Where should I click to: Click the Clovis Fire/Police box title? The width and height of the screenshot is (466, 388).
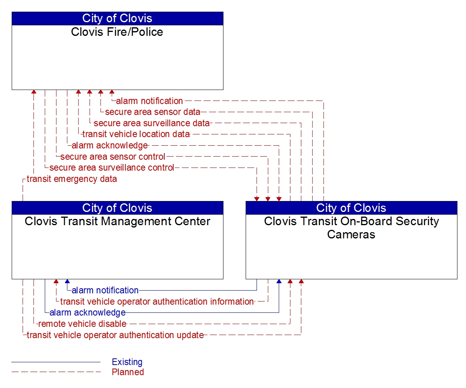[x=117, y=32]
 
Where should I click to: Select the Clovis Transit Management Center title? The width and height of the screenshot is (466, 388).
[x=117, y=221]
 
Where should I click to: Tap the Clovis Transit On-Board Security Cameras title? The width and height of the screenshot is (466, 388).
[x=351, y=228]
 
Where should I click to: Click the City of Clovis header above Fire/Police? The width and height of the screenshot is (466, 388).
[x=117, y=18]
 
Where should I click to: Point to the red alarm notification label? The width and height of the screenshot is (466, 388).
[x=149, y=101]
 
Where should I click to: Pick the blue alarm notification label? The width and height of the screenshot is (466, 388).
[x=105, y=290]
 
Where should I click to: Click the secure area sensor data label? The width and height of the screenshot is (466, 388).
[x=153, y=112]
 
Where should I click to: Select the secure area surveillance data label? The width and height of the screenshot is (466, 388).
[x=151, y=123]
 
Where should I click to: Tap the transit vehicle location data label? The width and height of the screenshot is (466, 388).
[x=136, y=134]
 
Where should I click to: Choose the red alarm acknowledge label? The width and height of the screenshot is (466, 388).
[x=110, y=146]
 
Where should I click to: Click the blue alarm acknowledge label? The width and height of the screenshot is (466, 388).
[x=88, y=312]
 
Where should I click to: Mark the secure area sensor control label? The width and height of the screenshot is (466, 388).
[x=113, y=157]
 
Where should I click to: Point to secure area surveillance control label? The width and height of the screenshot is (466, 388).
[x=112, y=168]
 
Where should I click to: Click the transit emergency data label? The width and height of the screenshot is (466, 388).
[x=72, y=179]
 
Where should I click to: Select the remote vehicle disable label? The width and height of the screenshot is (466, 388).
[x=82, y=324]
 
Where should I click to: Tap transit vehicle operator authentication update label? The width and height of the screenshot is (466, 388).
[x=115, y=335]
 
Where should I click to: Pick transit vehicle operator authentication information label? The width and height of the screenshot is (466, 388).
[x=157, y=302]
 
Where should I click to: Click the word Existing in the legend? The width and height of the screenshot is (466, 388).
[x=127, y=362]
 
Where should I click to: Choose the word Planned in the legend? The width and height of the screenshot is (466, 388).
[x=128, y=372]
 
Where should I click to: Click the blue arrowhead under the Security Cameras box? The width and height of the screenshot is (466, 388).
[x=279, y=281]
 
